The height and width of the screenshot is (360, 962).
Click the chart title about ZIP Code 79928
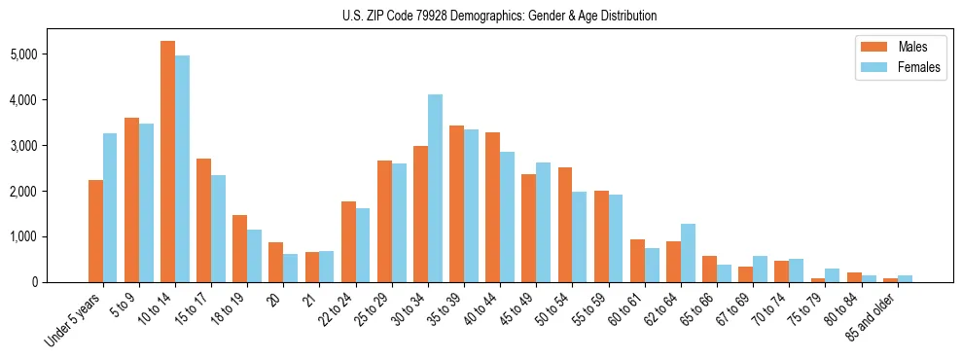point(499,16)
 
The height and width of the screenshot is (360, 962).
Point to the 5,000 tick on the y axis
point(21,54)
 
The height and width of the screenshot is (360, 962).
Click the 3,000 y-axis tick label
point(21,146)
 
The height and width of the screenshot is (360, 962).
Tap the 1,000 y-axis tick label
point(21,236)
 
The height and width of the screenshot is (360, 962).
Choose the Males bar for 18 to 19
point(239,248)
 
